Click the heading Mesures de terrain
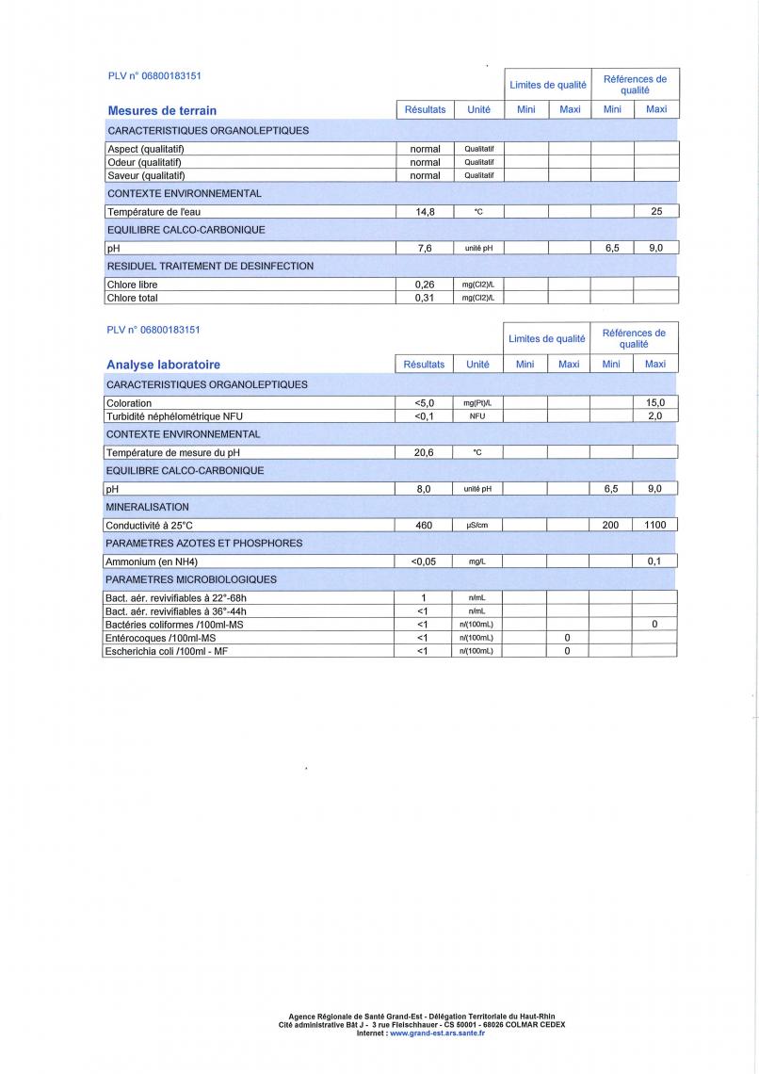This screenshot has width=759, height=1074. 162,110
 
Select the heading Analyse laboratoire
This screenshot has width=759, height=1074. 163,365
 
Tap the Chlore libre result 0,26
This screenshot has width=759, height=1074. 425,285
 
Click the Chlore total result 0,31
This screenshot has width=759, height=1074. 425,298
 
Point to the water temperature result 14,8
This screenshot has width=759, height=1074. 425,212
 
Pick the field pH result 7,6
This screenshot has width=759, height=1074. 425,249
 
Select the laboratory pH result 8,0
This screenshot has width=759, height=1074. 424,489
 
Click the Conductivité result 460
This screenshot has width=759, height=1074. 424,526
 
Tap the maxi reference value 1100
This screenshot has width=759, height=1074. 654,526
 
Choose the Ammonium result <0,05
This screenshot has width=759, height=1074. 424,561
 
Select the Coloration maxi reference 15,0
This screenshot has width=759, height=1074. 655,403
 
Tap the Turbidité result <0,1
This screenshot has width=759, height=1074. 424,415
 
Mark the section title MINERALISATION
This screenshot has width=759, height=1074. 147,507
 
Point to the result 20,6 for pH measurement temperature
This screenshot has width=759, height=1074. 424,452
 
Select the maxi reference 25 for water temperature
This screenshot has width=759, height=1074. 656,212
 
